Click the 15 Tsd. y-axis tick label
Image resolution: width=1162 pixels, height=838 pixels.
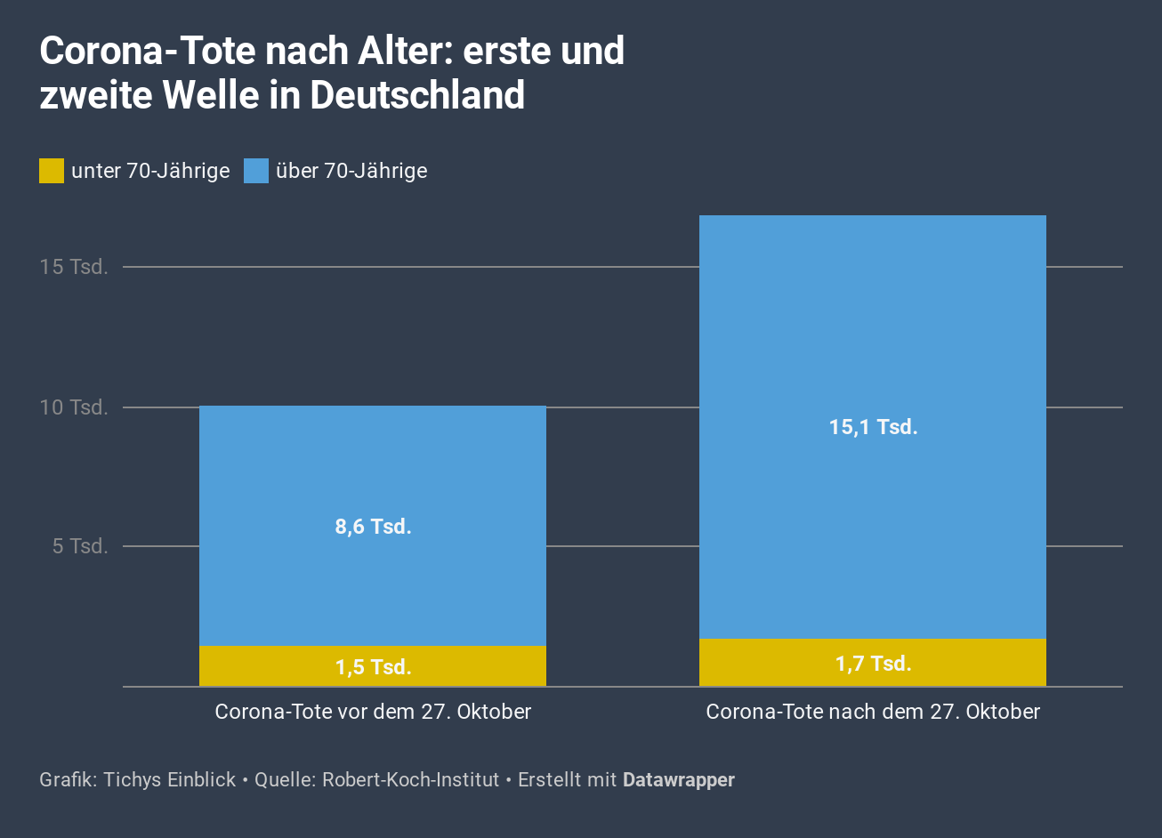[x=74, y=267]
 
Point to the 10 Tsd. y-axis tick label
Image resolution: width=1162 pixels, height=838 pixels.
[x=74, y=407]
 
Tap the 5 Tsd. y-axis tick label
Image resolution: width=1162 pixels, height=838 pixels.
[x=80, y=546]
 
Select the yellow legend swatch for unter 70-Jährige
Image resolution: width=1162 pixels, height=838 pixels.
[x=52, y=171]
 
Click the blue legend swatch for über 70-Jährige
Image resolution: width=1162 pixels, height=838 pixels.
[x=256, y=171]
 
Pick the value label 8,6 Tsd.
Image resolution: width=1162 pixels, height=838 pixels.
[x=373, y=527]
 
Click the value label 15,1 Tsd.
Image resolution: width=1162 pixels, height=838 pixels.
[x=873, y=427]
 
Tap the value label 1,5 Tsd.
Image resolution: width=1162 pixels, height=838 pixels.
[x=373, y=667]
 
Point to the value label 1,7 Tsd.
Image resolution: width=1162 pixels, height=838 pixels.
[x=873, y=664]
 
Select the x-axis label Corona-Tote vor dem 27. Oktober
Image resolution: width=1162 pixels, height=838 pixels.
[x=373, y=712]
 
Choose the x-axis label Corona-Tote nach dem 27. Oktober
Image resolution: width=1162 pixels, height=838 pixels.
[x=873, y=712]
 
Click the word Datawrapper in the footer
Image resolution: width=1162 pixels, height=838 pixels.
[x=679, y=780]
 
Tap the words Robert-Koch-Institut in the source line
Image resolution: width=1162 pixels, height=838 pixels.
[x=410, y=780]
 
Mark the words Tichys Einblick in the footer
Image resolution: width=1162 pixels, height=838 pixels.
[x=169, y=780]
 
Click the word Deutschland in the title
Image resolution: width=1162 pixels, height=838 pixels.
[x=418, y=95]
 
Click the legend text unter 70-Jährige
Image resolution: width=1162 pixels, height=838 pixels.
[x=150, y=171]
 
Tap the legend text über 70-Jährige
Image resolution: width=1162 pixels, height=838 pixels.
[x=351, y=171]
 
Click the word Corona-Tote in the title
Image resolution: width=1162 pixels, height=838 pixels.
[x=147, y=52]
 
